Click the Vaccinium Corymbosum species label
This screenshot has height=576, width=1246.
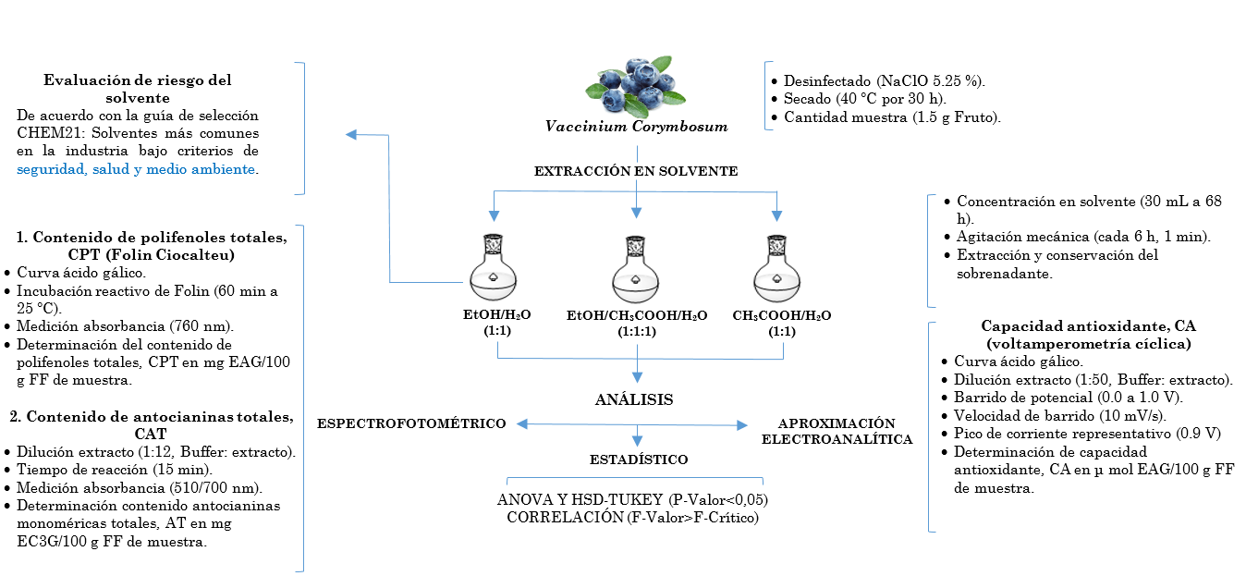tap(636, 127)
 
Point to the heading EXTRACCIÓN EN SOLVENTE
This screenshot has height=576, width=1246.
tap(636, 171)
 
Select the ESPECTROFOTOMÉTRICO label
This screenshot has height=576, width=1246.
tap(411, 423)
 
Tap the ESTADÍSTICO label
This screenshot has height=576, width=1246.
tap(638, 460)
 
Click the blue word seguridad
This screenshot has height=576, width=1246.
tap(51, 169)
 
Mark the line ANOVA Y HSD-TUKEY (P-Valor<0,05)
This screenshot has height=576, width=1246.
tap(633, 500)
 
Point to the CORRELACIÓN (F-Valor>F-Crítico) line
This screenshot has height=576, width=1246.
tap(633, 518)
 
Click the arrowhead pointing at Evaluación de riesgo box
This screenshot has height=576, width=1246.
tap(350, 135)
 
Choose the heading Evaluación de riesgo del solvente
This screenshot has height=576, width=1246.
tap(138, 88)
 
